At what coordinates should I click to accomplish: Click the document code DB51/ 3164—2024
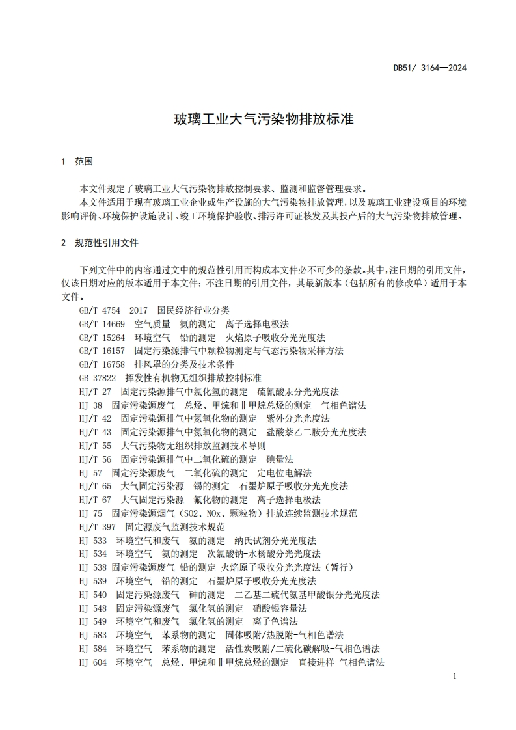430,68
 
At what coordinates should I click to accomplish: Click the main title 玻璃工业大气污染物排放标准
263,119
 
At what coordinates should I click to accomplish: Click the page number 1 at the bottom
454,677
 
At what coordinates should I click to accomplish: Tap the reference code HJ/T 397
97,526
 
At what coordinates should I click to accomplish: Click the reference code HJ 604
92,662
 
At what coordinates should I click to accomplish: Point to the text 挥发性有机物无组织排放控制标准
193,378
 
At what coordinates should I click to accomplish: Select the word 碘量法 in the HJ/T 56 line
280,459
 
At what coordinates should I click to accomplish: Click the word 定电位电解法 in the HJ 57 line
284,472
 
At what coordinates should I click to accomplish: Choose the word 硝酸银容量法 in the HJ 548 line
280,608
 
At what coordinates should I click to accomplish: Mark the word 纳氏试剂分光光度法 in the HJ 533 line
275,540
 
